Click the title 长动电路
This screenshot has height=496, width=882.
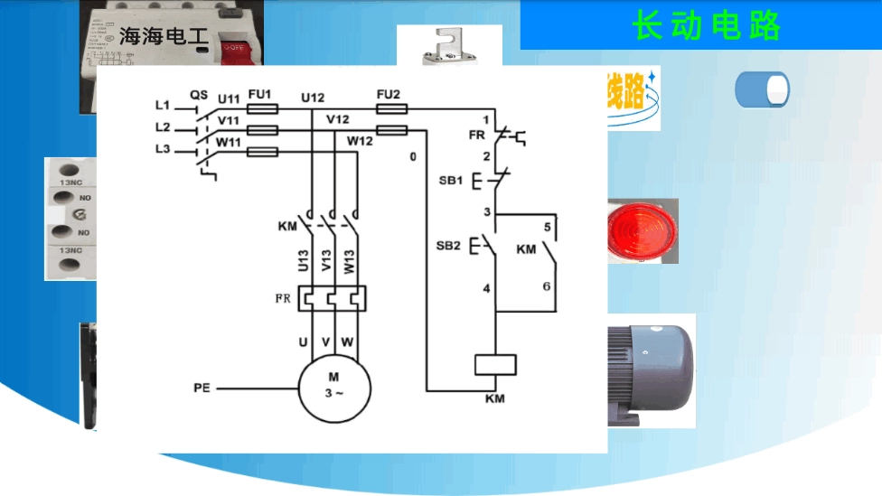706,26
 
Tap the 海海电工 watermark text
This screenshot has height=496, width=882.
164,37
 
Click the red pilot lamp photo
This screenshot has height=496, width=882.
642,230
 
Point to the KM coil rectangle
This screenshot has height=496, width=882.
495,364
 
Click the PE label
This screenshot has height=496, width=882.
202,388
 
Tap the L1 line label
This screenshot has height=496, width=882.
163,106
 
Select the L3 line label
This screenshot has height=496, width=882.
163,148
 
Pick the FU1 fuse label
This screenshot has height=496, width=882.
260,95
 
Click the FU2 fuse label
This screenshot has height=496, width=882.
389,95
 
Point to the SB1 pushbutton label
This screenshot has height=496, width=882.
450,181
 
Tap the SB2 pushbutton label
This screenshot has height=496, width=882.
448,246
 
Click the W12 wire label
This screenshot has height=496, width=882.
360,141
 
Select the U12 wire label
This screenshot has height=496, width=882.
314,98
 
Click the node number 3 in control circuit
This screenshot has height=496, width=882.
486,212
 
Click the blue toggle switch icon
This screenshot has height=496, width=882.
762,90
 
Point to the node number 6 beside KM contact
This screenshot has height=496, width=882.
546,286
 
